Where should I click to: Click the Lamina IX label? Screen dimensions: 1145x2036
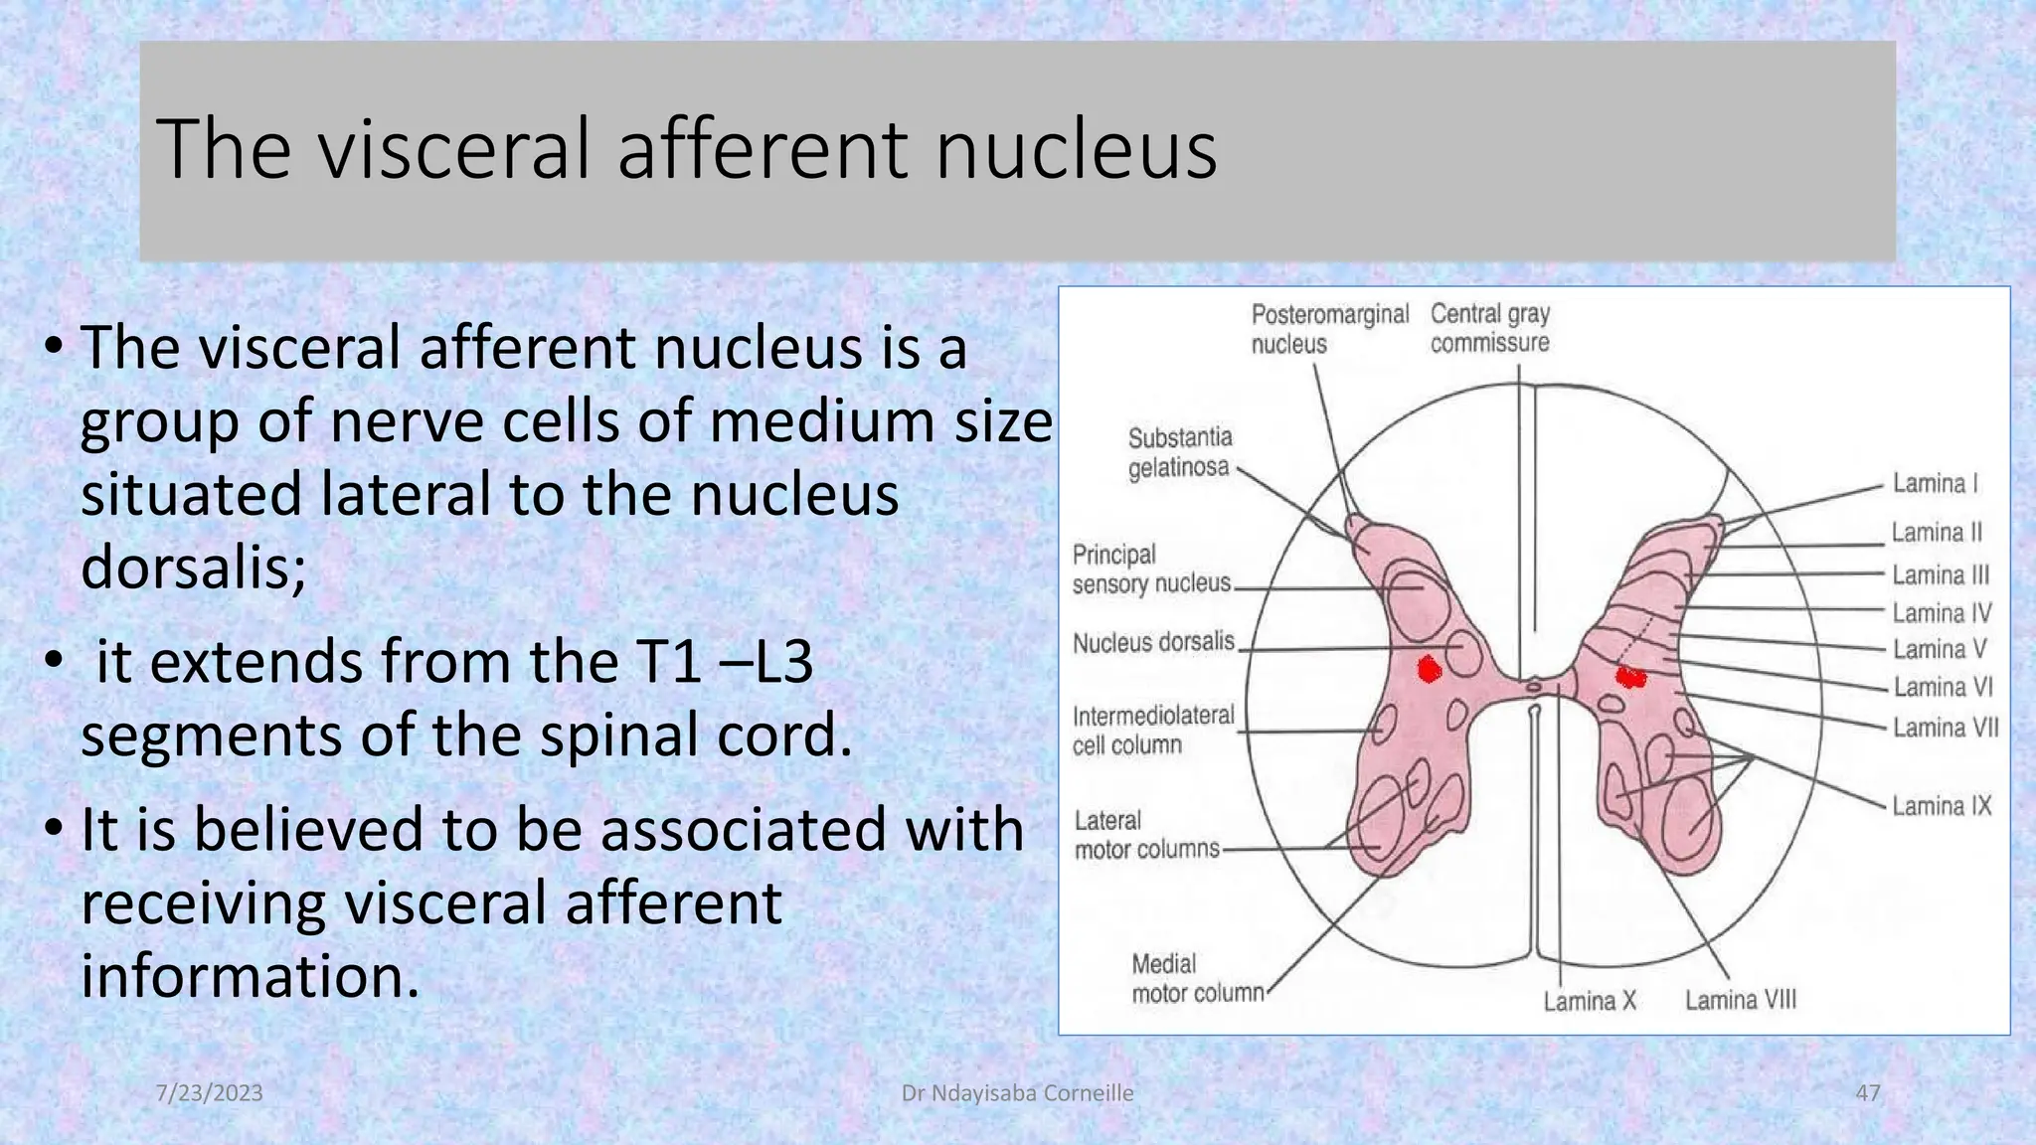(x=1941, y=806)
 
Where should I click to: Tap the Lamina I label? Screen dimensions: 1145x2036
(x=1935, y=484)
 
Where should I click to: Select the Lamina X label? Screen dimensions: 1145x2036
(x=1589, y=1000)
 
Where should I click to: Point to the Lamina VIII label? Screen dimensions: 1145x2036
(x=1740, y=1000)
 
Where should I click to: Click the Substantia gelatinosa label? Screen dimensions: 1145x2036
(x=1179, y=452)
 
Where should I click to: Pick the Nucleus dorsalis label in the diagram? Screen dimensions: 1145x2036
(x=1153, y=642)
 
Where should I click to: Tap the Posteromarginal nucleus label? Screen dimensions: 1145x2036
(x=1329, y=329)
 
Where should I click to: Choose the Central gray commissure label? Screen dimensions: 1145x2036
(x=1489, y=328)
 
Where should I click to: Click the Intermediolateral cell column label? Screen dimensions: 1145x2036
(x=1152, y=730)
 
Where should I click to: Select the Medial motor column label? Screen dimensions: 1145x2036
(x=1197, y=978)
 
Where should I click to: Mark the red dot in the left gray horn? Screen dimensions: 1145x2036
(x=1429, y=670)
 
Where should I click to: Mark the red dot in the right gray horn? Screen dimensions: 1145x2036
(x=1630, y=678)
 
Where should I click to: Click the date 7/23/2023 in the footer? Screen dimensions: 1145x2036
(x=210, y=1092)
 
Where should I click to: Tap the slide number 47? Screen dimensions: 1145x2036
(x=1867, y=1092)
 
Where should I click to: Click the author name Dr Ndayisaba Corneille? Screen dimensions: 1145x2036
(x=1017, y=1092)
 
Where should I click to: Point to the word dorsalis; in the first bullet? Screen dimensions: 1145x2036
(x=194, y=568)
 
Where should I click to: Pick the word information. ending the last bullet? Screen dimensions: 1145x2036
(x=251, y=976)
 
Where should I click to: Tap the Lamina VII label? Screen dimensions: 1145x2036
(x=1945, y=729)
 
